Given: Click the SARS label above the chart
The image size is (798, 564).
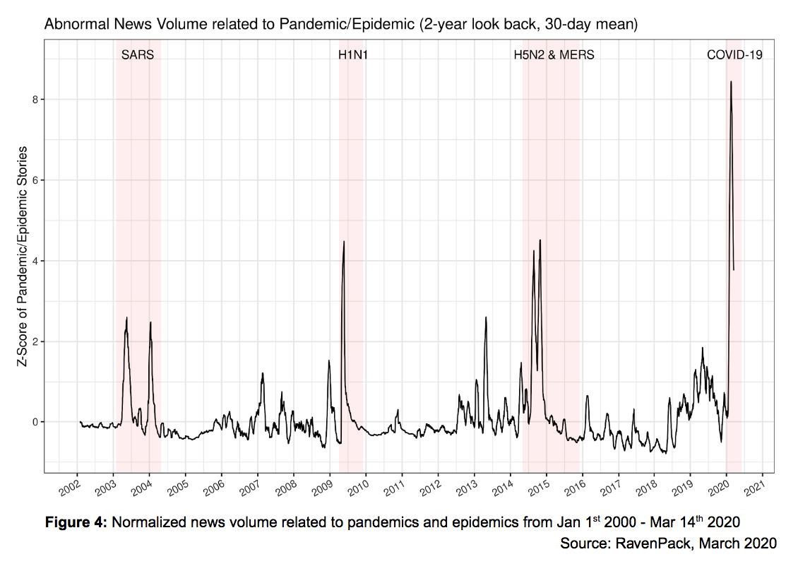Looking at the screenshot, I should (x=138, y=54).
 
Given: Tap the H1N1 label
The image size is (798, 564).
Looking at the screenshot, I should (x=353, y=54).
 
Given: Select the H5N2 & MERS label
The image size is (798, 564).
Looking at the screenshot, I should (x=554, y=54).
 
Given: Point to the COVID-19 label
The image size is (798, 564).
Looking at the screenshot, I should (x=734, y=54).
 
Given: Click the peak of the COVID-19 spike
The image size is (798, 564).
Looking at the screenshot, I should (x=731, y=82).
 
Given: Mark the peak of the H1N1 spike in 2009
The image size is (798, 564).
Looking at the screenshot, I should (x=344, y=242).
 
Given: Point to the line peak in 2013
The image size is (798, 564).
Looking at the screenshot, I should (x=486, y=317).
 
